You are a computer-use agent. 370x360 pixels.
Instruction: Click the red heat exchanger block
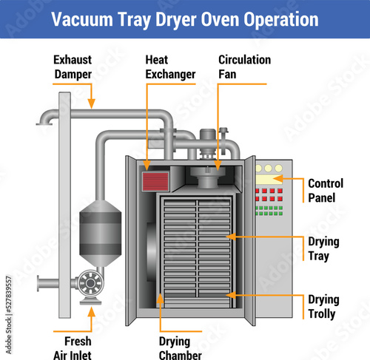click(x=155, y=182)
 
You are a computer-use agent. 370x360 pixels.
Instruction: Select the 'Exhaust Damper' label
click(x=73, y=67)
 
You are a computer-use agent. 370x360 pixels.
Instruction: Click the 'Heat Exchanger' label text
click(x=170, y=67)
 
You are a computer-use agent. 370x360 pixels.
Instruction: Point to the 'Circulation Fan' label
click(x=244, y=67)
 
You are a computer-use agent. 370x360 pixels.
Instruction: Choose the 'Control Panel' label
click(x=326, y=191)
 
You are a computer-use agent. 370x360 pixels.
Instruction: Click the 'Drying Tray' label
click(x=323, y=249)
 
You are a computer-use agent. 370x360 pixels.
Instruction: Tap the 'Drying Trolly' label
click(x=323, y=307)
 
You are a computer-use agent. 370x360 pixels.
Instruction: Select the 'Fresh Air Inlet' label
click(x=73, y=348)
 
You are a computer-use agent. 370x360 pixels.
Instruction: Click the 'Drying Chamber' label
click(x=181, y=348)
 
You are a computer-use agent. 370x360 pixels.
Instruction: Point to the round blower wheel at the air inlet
click(x=90, y=283)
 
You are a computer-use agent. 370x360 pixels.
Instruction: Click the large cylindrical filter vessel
click(x=100, y=233)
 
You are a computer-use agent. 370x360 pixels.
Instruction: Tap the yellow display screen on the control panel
click(x=269, y=180)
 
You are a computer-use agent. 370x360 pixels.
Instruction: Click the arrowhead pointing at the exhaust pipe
click(x=92, y=103)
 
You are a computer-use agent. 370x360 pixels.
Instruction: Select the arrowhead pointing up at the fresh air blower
click(x=92, y=312)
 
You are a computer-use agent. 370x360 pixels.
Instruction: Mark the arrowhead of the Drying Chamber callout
click(x=161, y=299)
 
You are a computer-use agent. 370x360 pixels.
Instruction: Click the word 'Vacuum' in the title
click(x=82, y=19)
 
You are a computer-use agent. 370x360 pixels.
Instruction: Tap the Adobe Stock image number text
click(x=9, y=315)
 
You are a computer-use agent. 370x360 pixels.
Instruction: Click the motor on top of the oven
click(x=208, y=143)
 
